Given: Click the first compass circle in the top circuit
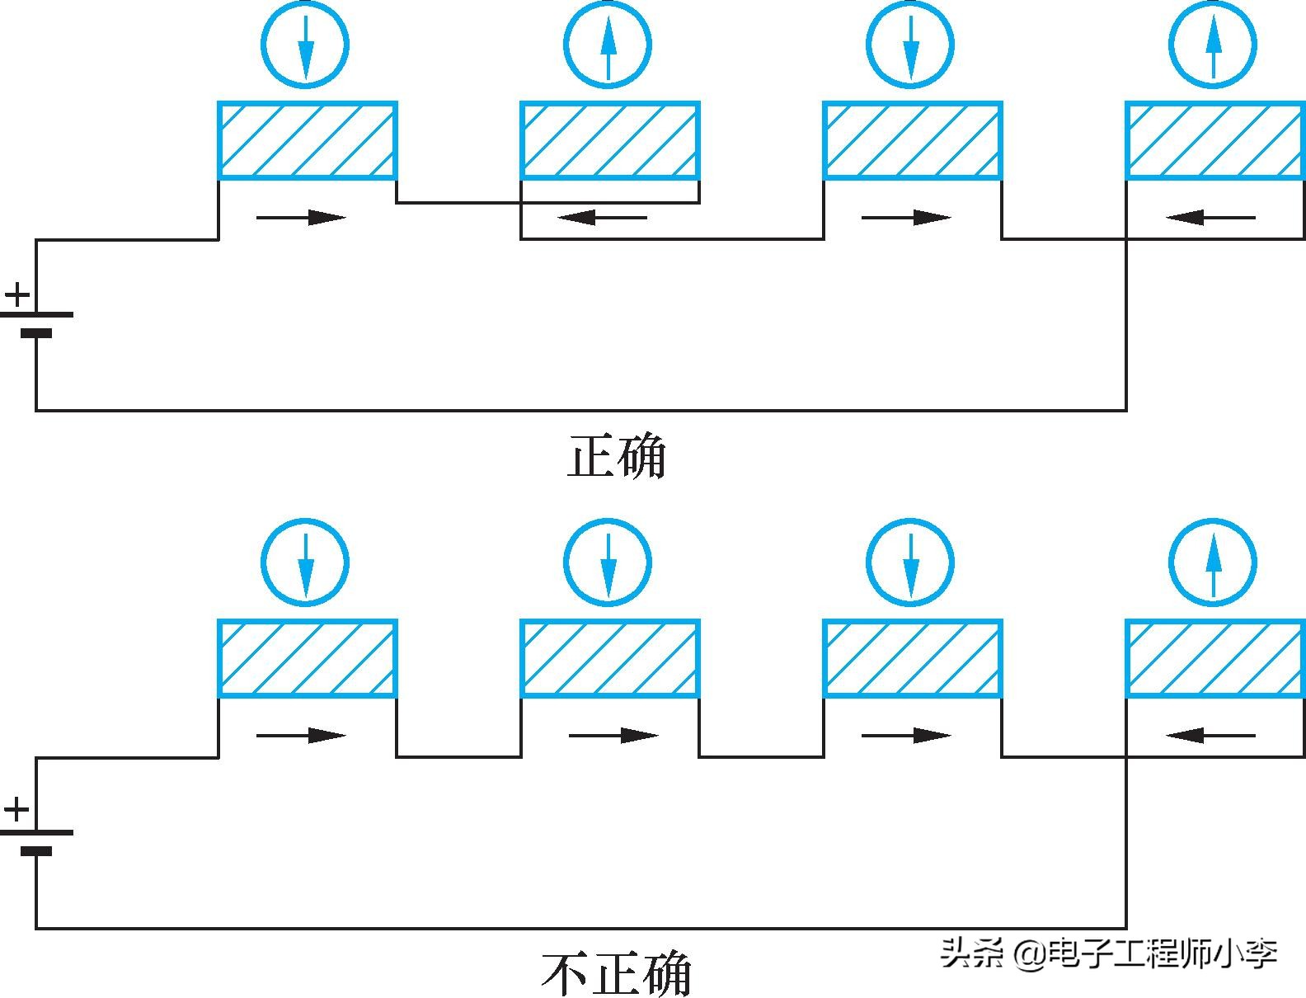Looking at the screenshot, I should click(305, 45).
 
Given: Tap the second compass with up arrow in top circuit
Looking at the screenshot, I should click(608, 45).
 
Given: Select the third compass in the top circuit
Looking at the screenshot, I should click(910, 45).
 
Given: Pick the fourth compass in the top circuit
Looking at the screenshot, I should click(1213, 45).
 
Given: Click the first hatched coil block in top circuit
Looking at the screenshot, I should click(308, 140).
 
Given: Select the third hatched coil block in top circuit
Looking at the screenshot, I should click(913, 140).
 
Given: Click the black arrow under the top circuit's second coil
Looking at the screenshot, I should click(602, 218).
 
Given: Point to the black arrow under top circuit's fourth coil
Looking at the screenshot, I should click(1210, 218).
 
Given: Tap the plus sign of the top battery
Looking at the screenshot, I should click(17, 294).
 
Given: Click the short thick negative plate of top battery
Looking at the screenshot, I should click(36, 334).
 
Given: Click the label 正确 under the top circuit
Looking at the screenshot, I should click(616, 456).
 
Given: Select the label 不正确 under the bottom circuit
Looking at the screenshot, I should click(616, 973).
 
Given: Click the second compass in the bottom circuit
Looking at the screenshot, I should click(608, 563).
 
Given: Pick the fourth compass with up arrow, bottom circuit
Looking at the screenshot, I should click(1213, 563).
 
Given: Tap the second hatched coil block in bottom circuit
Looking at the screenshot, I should click(610, 658).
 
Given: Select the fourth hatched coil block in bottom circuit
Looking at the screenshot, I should click(1215, 658).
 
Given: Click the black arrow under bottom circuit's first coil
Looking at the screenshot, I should click(301, 735).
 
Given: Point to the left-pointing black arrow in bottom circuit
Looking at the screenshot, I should click(1210, 735).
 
